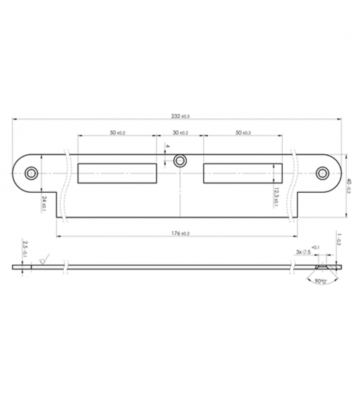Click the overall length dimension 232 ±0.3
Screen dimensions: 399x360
coord(180,116)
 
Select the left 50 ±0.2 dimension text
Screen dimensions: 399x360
coord(118,133)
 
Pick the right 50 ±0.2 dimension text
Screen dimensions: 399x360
coord(242,133)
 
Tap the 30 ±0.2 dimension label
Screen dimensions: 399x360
coord(180,133)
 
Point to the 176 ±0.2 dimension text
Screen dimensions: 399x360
coord(180,233)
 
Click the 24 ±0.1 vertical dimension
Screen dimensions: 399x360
coord(42,204)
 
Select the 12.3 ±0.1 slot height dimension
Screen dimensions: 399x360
coord(277,198)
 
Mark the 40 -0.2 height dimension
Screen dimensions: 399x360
coord(349,186)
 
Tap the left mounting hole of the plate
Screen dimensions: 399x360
coord(32,173)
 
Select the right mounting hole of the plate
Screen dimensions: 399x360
coord(323,173)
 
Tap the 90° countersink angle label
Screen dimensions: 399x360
coord(316,283)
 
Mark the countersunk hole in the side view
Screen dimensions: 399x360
coord(323,267)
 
